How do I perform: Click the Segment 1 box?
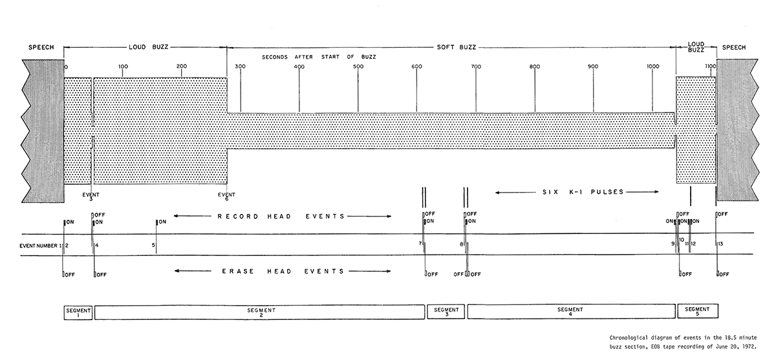78,313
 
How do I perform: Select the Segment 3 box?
446,312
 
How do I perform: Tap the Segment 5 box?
698,311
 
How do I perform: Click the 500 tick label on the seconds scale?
358,67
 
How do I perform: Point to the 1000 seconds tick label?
652,67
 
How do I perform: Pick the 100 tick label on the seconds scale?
123,67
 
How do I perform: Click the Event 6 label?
226,196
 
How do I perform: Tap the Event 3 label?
91,196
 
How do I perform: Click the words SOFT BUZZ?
457,47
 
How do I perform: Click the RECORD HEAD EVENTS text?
281,217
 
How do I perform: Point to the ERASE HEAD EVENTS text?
283,271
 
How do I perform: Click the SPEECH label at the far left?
41,47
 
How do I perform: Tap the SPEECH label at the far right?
734,47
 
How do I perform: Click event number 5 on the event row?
153,245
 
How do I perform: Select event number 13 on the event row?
720,244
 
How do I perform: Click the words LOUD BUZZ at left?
148,47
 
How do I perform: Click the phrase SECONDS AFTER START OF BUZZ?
319,57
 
